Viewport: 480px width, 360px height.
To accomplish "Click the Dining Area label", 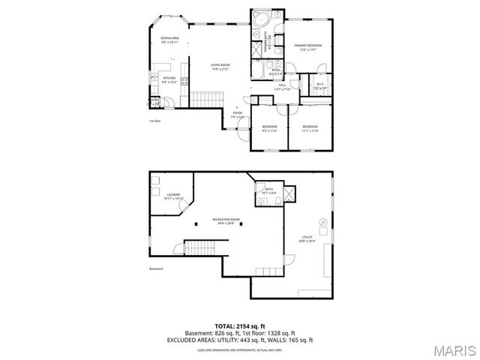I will tap(169, 40).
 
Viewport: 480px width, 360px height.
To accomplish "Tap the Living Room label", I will tap(220, 67).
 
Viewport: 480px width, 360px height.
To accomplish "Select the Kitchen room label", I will tap(169, 79).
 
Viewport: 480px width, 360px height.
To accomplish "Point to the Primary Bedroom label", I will tap(307, 47).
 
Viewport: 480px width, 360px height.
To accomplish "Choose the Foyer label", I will tap(236, 115).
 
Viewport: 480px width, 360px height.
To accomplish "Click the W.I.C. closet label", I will tap(320, 85).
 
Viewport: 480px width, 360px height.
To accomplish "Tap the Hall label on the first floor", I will tap(283, 86).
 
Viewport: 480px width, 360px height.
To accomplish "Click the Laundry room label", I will tap(174, 196).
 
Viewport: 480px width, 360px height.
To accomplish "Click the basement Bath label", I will tap(268, 191).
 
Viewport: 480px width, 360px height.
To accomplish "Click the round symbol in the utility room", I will tap(322, 222).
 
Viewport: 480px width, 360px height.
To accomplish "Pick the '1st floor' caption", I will tap(155, 120).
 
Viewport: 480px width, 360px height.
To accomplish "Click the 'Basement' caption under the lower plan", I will tap(156, 268).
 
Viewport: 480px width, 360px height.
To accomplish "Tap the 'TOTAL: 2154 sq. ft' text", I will tap(240, 325).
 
